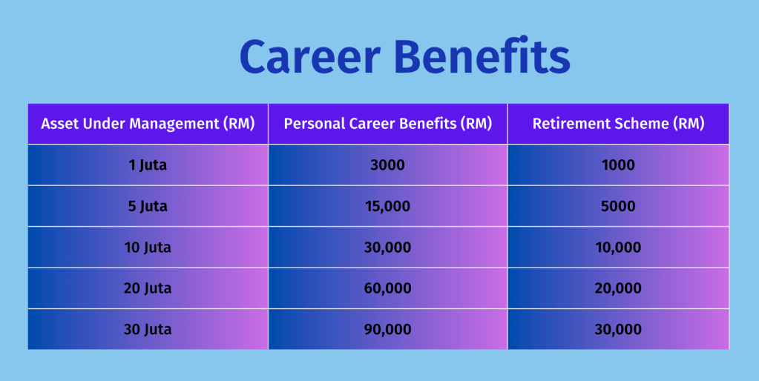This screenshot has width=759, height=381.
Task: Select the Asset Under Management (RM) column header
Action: pyautogui.click(x=148, y=124)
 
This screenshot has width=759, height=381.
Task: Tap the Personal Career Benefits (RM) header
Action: pyautogui.click(x=388, y=124)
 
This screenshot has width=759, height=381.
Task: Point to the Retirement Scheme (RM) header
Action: pyautogui.click(x=618, y=124)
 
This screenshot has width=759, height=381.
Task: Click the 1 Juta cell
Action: pyautogui.click(x=148, y=165)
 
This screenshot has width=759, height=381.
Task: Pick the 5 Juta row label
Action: pyautogui.click(x=148, y=206)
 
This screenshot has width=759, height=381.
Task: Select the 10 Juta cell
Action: pyautogui.click(x=148, y=248)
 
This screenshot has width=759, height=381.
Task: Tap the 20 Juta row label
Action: pyautogui.click(x=148, y=288)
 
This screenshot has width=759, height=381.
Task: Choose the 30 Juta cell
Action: pyautogui.click(x=148, y=329)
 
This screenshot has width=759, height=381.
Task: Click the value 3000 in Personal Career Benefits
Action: pyautogui.click(x=388, y=165)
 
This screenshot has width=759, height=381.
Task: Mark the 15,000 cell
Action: pyautogui.click(x=388, y=206)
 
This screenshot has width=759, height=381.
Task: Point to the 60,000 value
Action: pyautogui.click(x=388, y=288)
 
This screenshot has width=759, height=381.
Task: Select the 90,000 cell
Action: pyautogui.click(x=388, y=329)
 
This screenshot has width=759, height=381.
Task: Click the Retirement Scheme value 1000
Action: pyautogui.click(x=618, y=165)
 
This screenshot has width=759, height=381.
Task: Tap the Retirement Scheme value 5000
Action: pyautogui.click(x=618, y=206)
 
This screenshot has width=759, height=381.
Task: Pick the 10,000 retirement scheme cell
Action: pyautogui.click(x=618, y=248)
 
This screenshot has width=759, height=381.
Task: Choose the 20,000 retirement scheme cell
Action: pyautogui.click(x=618, y=288)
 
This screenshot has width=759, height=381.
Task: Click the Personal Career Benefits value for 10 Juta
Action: pyautogui.click(x=388, y=248)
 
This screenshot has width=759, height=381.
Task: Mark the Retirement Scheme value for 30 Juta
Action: pyautogui.click(x=618, y=329)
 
